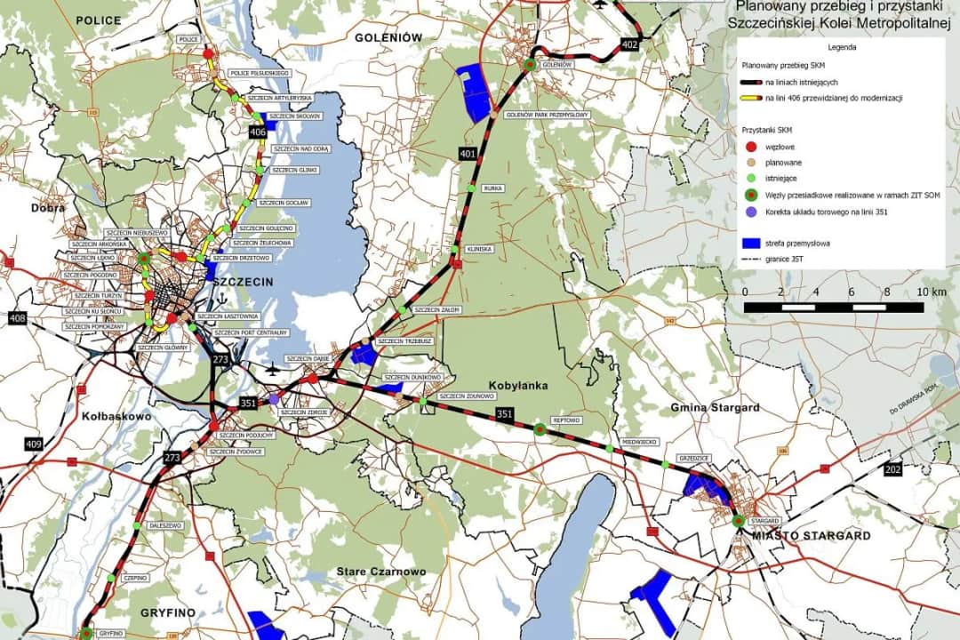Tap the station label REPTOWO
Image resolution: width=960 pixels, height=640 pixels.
[565, 420]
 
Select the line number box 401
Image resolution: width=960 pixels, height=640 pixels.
[468, 154]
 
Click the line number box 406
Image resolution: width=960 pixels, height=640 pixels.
[258, 132]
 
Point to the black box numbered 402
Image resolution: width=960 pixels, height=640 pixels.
[630, 44]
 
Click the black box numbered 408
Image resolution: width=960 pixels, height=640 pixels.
[18, 317]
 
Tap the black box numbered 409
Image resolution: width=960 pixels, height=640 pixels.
[34, 444]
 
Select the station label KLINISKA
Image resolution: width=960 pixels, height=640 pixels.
[479, 249]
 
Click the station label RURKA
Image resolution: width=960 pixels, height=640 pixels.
[493, 188]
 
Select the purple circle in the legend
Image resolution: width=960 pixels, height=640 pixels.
[751, 212]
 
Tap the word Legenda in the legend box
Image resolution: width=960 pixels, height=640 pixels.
[842, 46]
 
